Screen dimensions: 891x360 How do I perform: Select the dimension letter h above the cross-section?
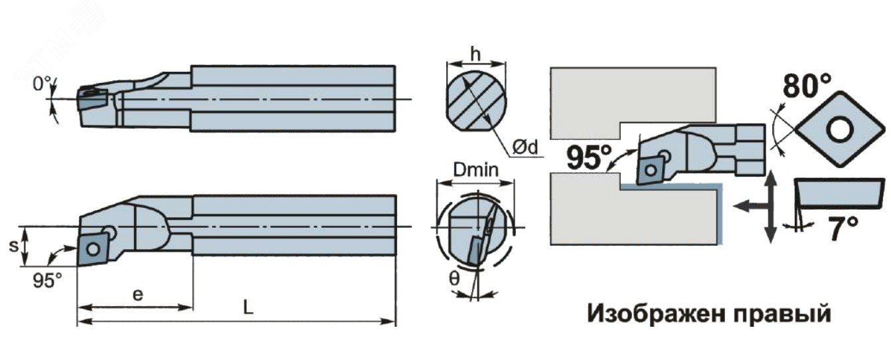(x=475, y=54)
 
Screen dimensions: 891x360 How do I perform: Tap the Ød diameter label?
(x=525, y=147)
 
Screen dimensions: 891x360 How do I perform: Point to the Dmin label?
(x=476, y=170)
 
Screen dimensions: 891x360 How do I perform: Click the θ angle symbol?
(x=454, y=278)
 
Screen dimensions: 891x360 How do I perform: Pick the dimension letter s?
(x=13, y=246)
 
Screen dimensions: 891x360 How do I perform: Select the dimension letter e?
(x=137, y=295)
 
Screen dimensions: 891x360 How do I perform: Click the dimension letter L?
(x=248, y=307)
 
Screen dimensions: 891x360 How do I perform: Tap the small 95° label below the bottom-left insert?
(x=47, y=280)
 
